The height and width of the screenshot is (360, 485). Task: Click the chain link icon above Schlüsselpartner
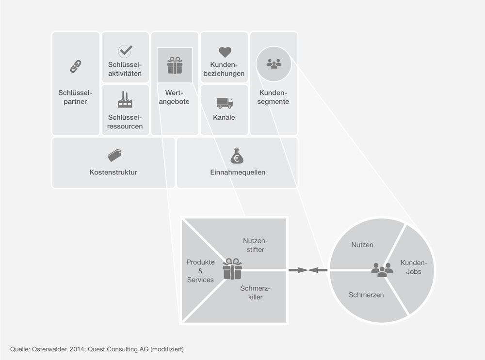76,66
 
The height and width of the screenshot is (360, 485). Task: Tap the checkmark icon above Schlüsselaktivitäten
125,51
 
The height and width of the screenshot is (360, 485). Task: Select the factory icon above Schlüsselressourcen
125,100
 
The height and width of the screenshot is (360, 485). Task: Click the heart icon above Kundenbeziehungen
225,52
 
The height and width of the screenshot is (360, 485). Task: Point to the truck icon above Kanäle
224,103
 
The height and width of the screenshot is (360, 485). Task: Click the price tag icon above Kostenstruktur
114,155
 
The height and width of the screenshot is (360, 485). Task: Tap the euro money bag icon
238,156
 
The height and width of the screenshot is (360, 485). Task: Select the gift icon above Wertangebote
175,65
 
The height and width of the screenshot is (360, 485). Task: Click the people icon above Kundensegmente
274,63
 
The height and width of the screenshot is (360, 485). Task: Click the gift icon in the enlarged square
232,269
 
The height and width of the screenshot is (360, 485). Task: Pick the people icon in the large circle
382,269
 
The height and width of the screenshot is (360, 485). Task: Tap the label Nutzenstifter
255,245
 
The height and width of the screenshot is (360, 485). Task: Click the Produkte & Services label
200,271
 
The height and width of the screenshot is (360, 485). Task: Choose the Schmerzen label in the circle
366,295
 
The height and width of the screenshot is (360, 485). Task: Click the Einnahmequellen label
238,172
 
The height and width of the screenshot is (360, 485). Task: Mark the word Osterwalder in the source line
52,349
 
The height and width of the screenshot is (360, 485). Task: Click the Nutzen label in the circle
362,245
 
